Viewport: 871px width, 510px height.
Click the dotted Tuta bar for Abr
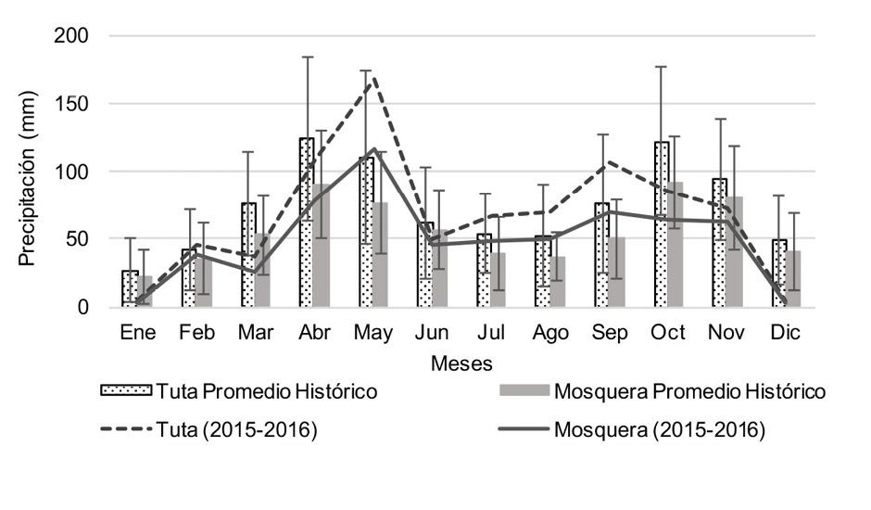coord(307,223)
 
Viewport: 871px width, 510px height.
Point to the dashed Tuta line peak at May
coord(372,78)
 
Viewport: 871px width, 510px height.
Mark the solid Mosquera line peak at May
coord(372,148)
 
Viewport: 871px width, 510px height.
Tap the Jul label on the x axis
coord(491,332)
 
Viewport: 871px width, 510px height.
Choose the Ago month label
coord(550,332)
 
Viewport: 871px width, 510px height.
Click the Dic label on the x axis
coord(786,332)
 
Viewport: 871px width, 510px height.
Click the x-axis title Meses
coord(461,363)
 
